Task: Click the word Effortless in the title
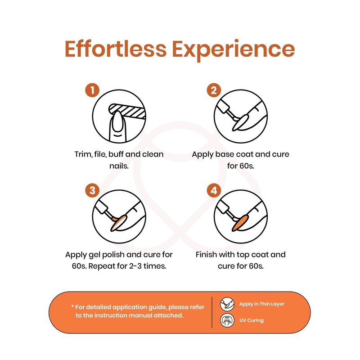(116, 49)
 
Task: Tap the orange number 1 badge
(92, 90)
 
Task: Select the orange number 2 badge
(214, 90)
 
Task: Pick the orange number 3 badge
(92, 190)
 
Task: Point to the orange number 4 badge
(214, 190)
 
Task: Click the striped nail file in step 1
(128, 111)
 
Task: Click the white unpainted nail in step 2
(240, 123)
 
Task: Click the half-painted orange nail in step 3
(118, 223)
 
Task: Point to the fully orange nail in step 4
(240, 223)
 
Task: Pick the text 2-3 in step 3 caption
(135, 266)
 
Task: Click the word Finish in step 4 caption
(206, 254)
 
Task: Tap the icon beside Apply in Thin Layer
(227, 304)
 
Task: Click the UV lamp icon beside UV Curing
(227, 320)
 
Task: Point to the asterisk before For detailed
(72, 306)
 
